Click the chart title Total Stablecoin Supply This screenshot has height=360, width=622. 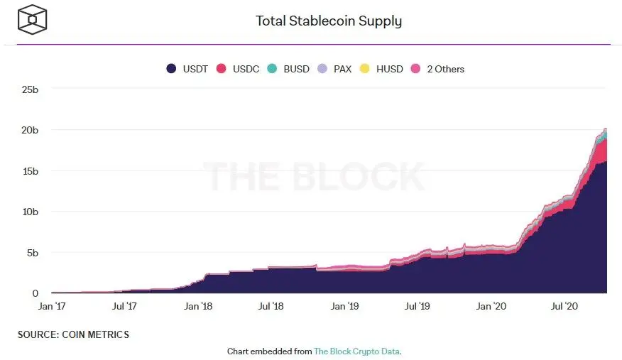coord(328,21)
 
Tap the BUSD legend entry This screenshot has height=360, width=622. coord(288,69)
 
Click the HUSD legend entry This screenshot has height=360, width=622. coord(381,69)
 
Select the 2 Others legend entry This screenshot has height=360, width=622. coord(437,69)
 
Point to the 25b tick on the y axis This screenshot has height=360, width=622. coord(29,89)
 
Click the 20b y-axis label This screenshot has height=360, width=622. coord(29,130)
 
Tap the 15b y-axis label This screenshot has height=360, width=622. coord(29,171)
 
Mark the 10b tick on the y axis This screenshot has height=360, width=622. coord(29,212)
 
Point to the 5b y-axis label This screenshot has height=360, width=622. coord(32,252)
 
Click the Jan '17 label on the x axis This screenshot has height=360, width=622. coord(52,307)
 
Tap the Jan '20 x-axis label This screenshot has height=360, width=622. coord(491,307)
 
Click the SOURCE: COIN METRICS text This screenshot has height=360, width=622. coord(73,334)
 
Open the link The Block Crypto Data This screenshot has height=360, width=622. coord(356,351)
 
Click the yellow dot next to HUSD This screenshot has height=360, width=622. coord(366,69)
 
